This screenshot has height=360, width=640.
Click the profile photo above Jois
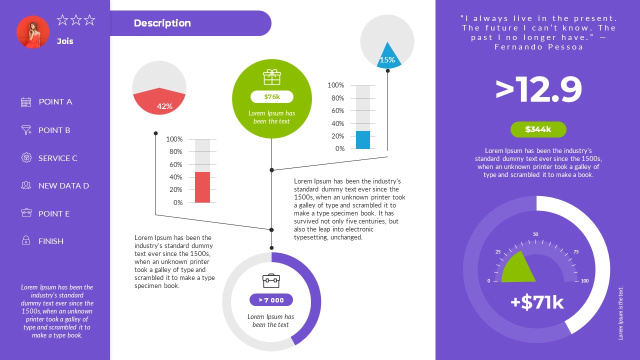coord(33,32)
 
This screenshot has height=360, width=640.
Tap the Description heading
coord(162,23)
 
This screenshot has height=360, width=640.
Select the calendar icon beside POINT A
coord(26,102)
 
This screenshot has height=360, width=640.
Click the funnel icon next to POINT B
coord(26,130)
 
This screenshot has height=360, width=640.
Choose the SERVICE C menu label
coord(58,158)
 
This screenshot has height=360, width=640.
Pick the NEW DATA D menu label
coord(63,185)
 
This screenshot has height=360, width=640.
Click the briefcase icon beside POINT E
coord(26,213)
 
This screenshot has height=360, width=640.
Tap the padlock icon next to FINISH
coord(26,241)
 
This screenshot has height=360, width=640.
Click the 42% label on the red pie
coord(164,106)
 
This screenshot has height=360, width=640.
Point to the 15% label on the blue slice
coord(387,60)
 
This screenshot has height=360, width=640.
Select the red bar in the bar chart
coord(202,187)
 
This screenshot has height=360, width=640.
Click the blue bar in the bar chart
coord(363,140)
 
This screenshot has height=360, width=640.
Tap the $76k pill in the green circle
coord(272,96)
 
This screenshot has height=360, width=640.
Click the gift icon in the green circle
coord(272,77)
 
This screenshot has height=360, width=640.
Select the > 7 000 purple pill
coord(271,300)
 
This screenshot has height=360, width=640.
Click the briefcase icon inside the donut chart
coord(271,280)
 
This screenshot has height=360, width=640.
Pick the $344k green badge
coord(538,129)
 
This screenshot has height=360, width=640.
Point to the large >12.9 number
coord(538,90)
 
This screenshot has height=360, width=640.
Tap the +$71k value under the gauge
coord(537,302)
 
